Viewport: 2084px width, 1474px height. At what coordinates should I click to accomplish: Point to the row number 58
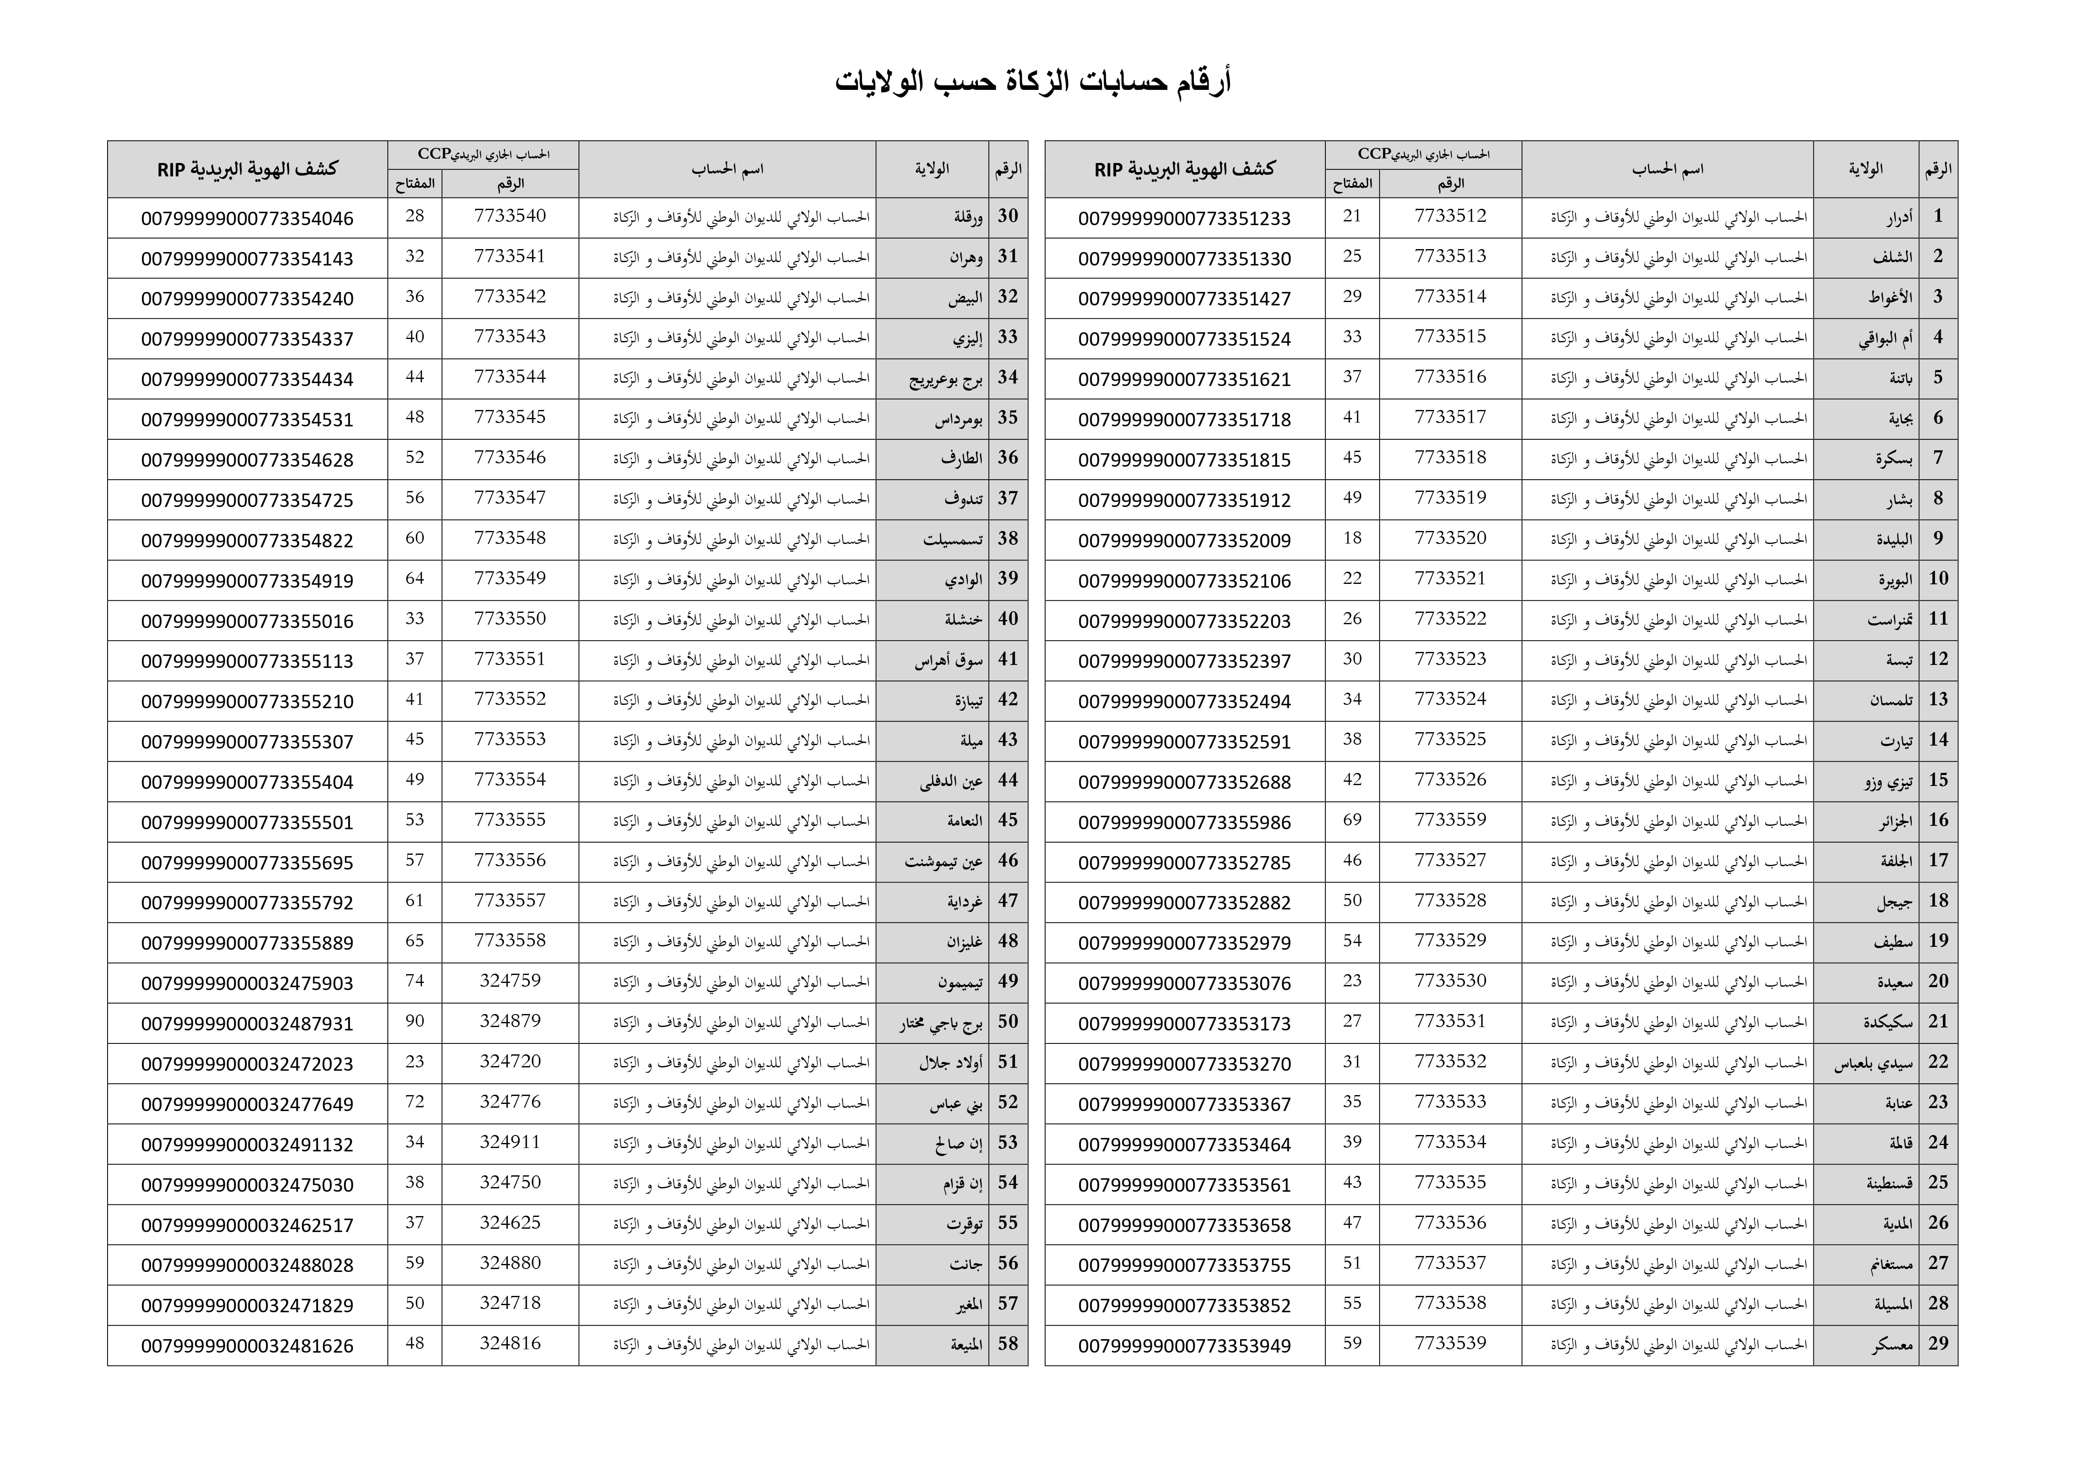coord(1007,1344)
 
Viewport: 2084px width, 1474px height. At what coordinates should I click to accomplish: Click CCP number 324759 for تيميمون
coord(510,981)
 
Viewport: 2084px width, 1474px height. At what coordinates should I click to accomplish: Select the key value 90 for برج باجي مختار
coord(415,1022)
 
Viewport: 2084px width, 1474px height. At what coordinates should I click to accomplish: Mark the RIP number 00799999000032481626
coord(247,1346)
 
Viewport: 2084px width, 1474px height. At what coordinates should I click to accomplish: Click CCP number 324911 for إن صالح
coord(510,1143)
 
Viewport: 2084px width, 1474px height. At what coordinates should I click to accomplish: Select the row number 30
coord(1007,216)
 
